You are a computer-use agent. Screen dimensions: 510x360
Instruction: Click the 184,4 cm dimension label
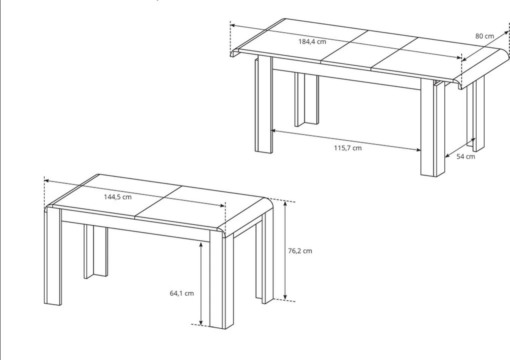point(312,41)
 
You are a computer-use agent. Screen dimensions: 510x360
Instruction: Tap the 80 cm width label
point(484,36)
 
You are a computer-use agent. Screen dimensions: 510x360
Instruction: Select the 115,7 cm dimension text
point(347,148)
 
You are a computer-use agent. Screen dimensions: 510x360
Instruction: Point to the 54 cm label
point(465,156)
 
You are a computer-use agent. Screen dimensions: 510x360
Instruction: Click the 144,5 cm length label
point(117,197)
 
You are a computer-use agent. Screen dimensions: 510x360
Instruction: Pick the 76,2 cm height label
point(300,250)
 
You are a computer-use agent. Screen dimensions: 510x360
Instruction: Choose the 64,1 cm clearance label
point(182,293)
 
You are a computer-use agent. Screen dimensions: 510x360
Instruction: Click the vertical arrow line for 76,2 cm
point(285,250)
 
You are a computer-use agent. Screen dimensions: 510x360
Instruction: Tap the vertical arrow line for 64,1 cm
point(201,283)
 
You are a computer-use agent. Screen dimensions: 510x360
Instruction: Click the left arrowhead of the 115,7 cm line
point(273,130)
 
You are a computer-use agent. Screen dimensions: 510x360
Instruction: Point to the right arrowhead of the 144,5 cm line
point(223,205)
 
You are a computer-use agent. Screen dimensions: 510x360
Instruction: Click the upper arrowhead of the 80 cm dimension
point(505,32)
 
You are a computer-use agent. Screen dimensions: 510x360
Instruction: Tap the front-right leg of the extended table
point(432,127)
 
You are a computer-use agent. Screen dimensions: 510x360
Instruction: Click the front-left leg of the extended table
point(263,104)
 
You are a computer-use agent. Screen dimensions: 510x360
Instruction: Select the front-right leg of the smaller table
point(221,279)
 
